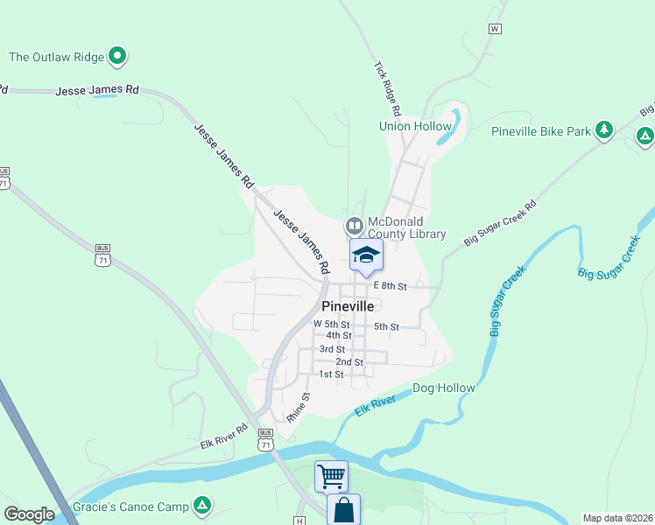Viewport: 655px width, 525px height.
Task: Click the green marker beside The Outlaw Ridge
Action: point(117,58)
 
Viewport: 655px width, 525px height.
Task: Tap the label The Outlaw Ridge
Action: point(56,58)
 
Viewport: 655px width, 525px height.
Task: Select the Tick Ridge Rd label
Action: point(387,89)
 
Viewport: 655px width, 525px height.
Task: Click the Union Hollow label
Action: point(415,127)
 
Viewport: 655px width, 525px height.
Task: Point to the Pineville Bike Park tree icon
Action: point(603,130)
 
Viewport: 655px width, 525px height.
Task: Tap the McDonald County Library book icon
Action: point(354,226)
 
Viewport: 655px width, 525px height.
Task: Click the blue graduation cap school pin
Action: point(366,255)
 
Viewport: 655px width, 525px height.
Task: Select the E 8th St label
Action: point(391,286)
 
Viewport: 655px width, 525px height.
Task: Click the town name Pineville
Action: point(348,306)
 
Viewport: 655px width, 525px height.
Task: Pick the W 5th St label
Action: point(332,324)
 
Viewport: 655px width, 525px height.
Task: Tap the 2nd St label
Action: point(349,361)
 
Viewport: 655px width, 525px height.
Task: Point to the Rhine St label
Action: point(299,408)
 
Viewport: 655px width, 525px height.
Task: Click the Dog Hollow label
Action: point(443,388)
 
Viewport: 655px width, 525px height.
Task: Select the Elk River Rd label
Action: point(225,437)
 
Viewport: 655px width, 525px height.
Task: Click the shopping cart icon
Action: point(331,477)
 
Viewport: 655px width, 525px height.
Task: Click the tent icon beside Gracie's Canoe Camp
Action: point(202,504)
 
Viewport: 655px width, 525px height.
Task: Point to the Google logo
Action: point(29,514)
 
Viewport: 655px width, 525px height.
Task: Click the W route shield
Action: point(495,29)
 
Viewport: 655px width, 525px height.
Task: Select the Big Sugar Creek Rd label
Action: point(499,224)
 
